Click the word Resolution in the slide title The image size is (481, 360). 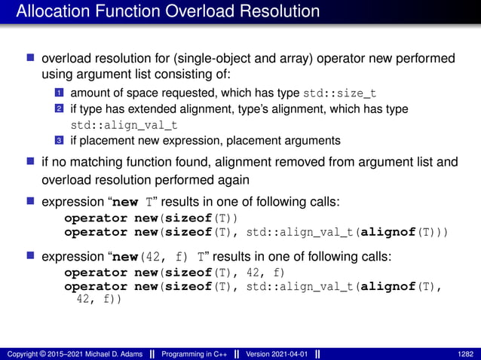click(276, 11)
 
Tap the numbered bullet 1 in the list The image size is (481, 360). click(59, 94)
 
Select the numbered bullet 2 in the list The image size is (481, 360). click(59, 109)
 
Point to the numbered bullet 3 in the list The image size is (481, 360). click(59, 141)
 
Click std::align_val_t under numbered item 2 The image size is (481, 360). click(124, 125)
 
